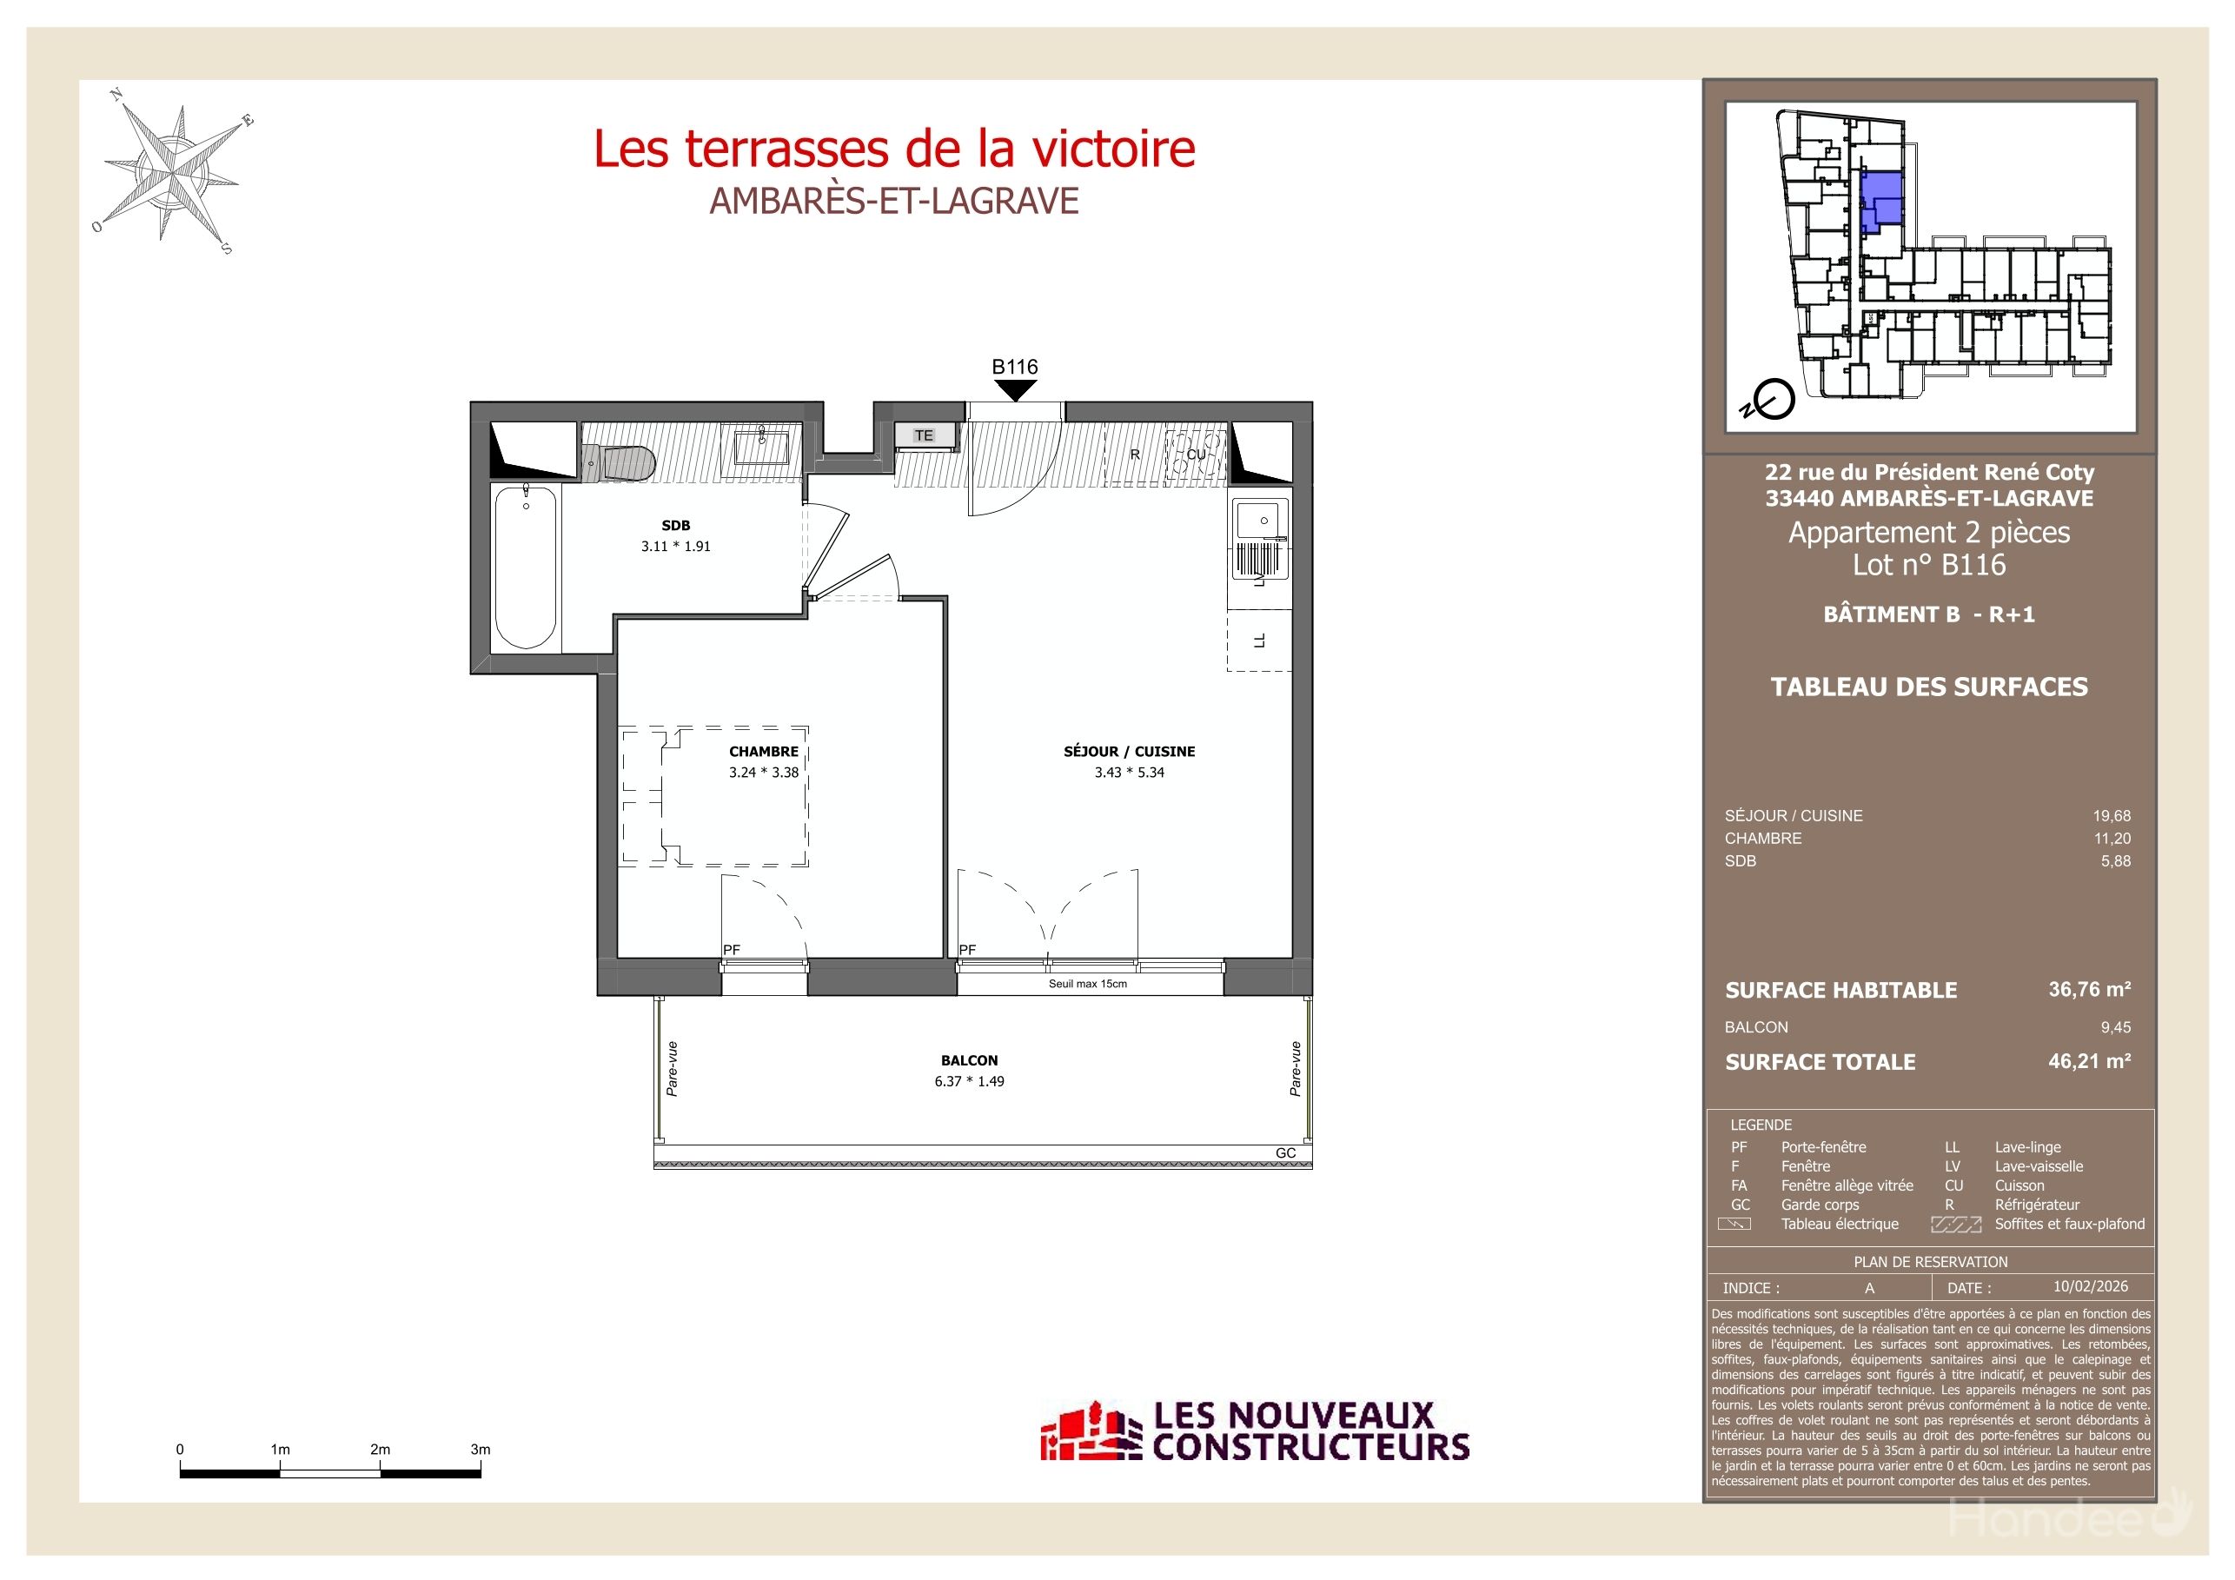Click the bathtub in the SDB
[x=526, y=567]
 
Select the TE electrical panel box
[x=924, y=435]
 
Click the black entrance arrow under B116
[x=1014, y=390]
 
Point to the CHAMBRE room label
[x=763, y=752]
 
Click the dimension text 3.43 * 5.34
[x=1128, y=773]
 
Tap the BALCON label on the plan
[x=969, y=1060]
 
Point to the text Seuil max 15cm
[x=1087, y=984]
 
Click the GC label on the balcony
[x=1285, y=1152]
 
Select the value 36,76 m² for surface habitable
[x=2089, y=989]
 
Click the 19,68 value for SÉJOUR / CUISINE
[x=2112, y=816]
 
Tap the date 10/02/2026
[x=2090, y=1287]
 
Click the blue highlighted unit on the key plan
[x=1880, y=200]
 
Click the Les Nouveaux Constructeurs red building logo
[x=1091, y=1432]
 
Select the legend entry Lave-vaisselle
[x=2039, y=1166]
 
